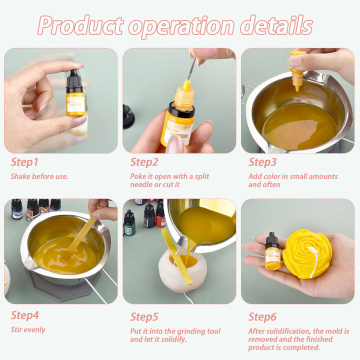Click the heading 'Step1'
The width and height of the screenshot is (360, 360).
click(25, 162)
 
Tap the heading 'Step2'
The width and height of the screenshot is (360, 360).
click(145, 162)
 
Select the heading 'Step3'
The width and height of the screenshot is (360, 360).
click(263, 162)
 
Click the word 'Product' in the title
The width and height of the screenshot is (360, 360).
click(80, 25)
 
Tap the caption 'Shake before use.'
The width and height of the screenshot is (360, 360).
click(39, 176)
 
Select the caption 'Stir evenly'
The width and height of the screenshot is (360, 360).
click(28, 329)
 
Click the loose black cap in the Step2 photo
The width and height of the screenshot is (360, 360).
click(128, 115)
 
